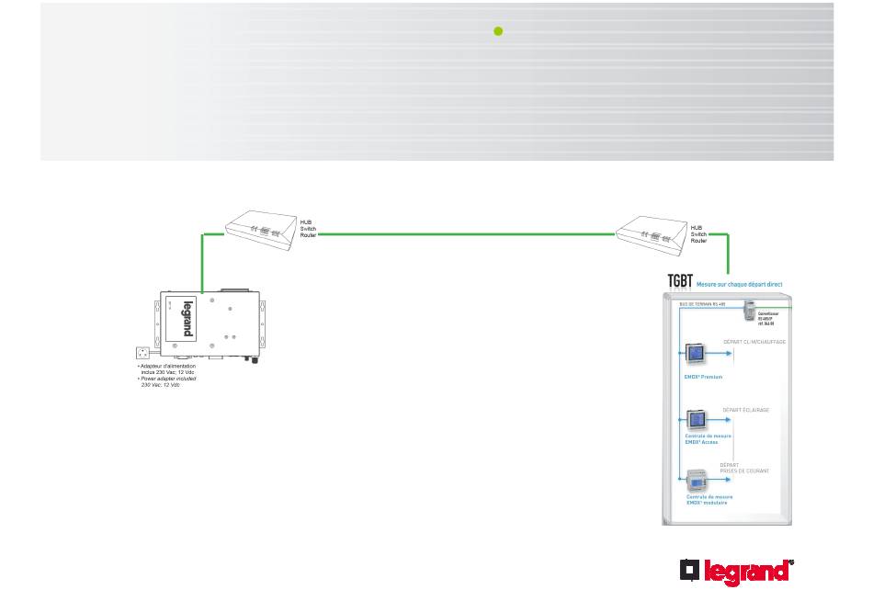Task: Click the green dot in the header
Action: tap(498, 30)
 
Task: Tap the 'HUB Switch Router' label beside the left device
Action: tap(309, 228)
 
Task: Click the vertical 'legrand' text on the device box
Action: tap(187, 318)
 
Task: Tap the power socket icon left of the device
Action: tap(143, 352)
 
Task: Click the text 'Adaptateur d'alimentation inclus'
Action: tap(166, 369)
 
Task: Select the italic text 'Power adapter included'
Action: tap(168, 380)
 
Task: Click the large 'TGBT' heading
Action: tap(679, 282)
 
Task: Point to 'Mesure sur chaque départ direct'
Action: tap(739, 285)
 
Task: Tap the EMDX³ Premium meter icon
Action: tap(697, 355)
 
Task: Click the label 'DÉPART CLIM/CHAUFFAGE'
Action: tap(754, 342)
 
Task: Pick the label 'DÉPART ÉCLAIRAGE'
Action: tap(745, 410)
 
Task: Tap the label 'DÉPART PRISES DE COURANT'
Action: tap(743, 468)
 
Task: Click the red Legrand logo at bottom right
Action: tap(737, 572)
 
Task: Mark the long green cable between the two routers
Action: tap(466, 234)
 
